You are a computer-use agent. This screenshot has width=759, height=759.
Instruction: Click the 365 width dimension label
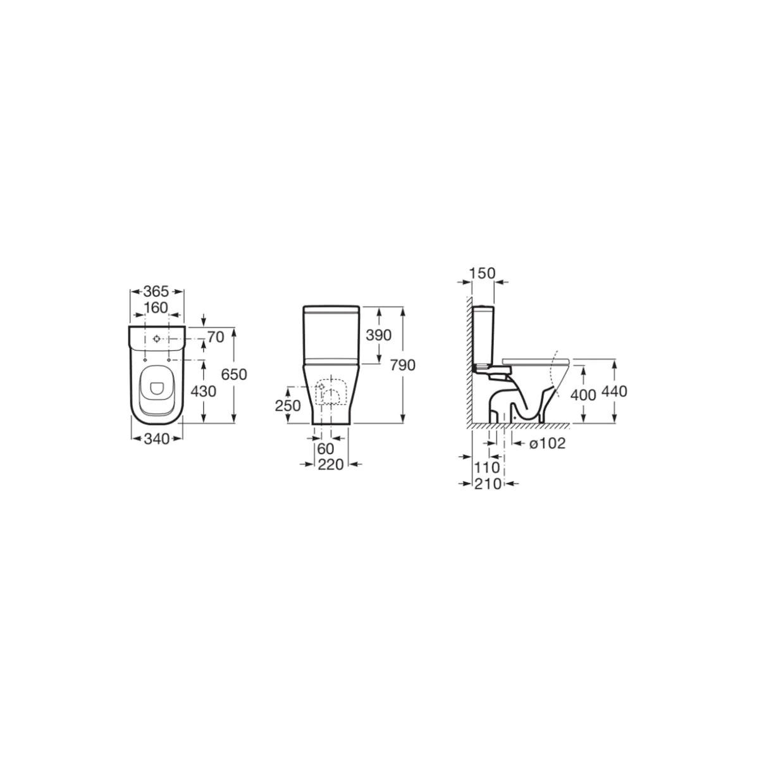156,292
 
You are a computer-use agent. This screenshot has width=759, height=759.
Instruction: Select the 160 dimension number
156,307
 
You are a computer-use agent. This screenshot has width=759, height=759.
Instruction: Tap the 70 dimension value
216,337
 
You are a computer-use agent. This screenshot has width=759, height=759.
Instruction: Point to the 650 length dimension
234,374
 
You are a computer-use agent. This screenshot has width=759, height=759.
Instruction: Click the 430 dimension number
203,391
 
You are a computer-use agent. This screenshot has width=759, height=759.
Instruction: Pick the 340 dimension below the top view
156,439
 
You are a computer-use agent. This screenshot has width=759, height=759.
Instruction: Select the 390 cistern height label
378,335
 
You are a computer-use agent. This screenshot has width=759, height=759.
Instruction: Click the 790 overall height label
402,366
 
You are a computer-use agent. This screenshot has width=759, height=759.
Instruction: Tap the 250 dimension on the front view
288,405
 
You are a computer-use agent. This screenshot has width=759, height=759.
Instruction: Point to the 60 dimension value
325,448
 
